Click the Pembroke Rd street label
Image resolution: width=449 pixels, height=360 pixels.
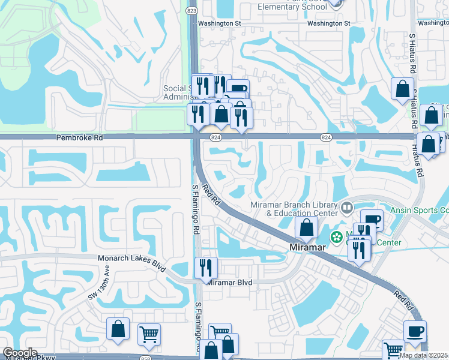(x=80, y=137)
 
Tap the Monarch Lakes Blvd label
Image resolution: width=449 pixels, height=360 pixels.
(x=131, y=260)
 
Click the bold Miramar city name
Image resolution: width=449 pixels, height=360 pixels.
(x=307, y=247)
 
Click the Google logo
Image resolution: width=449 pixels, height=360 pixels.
(x=19, y=353)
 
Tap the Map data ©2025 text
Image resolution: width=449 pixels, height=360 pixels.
(x=424, y=355)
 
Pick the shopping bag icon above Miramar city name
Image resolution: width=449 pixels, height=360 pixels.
(x=306, y=227)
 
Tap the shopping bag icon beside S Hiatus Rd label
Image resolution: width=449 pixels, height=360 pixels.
(x=402, y=89)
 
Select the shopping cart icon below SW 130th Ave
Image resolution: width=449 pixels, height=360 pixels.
(x=148, y=334)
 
